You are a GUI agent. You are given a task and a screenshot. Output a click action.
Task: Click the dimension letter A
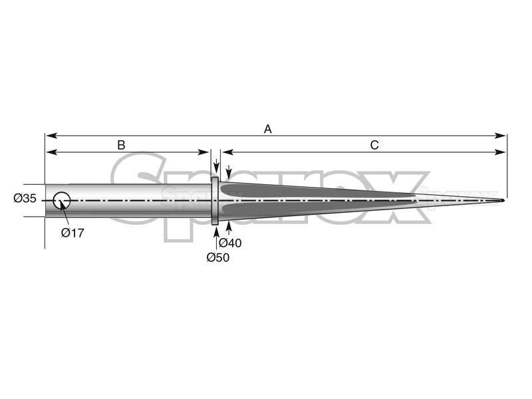tap(268, 129)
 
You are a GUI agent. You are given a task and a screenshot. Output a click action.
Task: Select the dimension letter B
tap(121, 145)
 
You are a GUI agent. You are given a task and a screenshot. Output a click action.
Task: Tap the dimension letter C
tap(374, 145)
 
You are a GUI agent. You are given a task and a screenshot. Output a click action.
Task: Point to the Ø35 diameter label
tap(25, 198)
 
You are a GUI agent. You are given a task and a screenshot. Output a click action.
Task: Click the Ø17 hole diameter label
tap(72, 233)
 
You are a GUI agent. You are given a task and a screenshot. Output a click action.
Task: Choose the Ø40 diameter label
tap(230, 243)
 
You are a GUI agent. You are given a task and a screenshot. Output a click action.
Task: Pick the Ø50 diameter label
tap(218, 257)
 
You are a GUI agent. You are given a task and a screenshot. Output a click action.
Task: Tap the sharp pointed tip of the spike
tap(503, 200)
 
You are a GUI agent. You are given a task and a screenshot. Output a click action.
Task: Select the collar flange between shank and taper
tap(215, 201)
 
